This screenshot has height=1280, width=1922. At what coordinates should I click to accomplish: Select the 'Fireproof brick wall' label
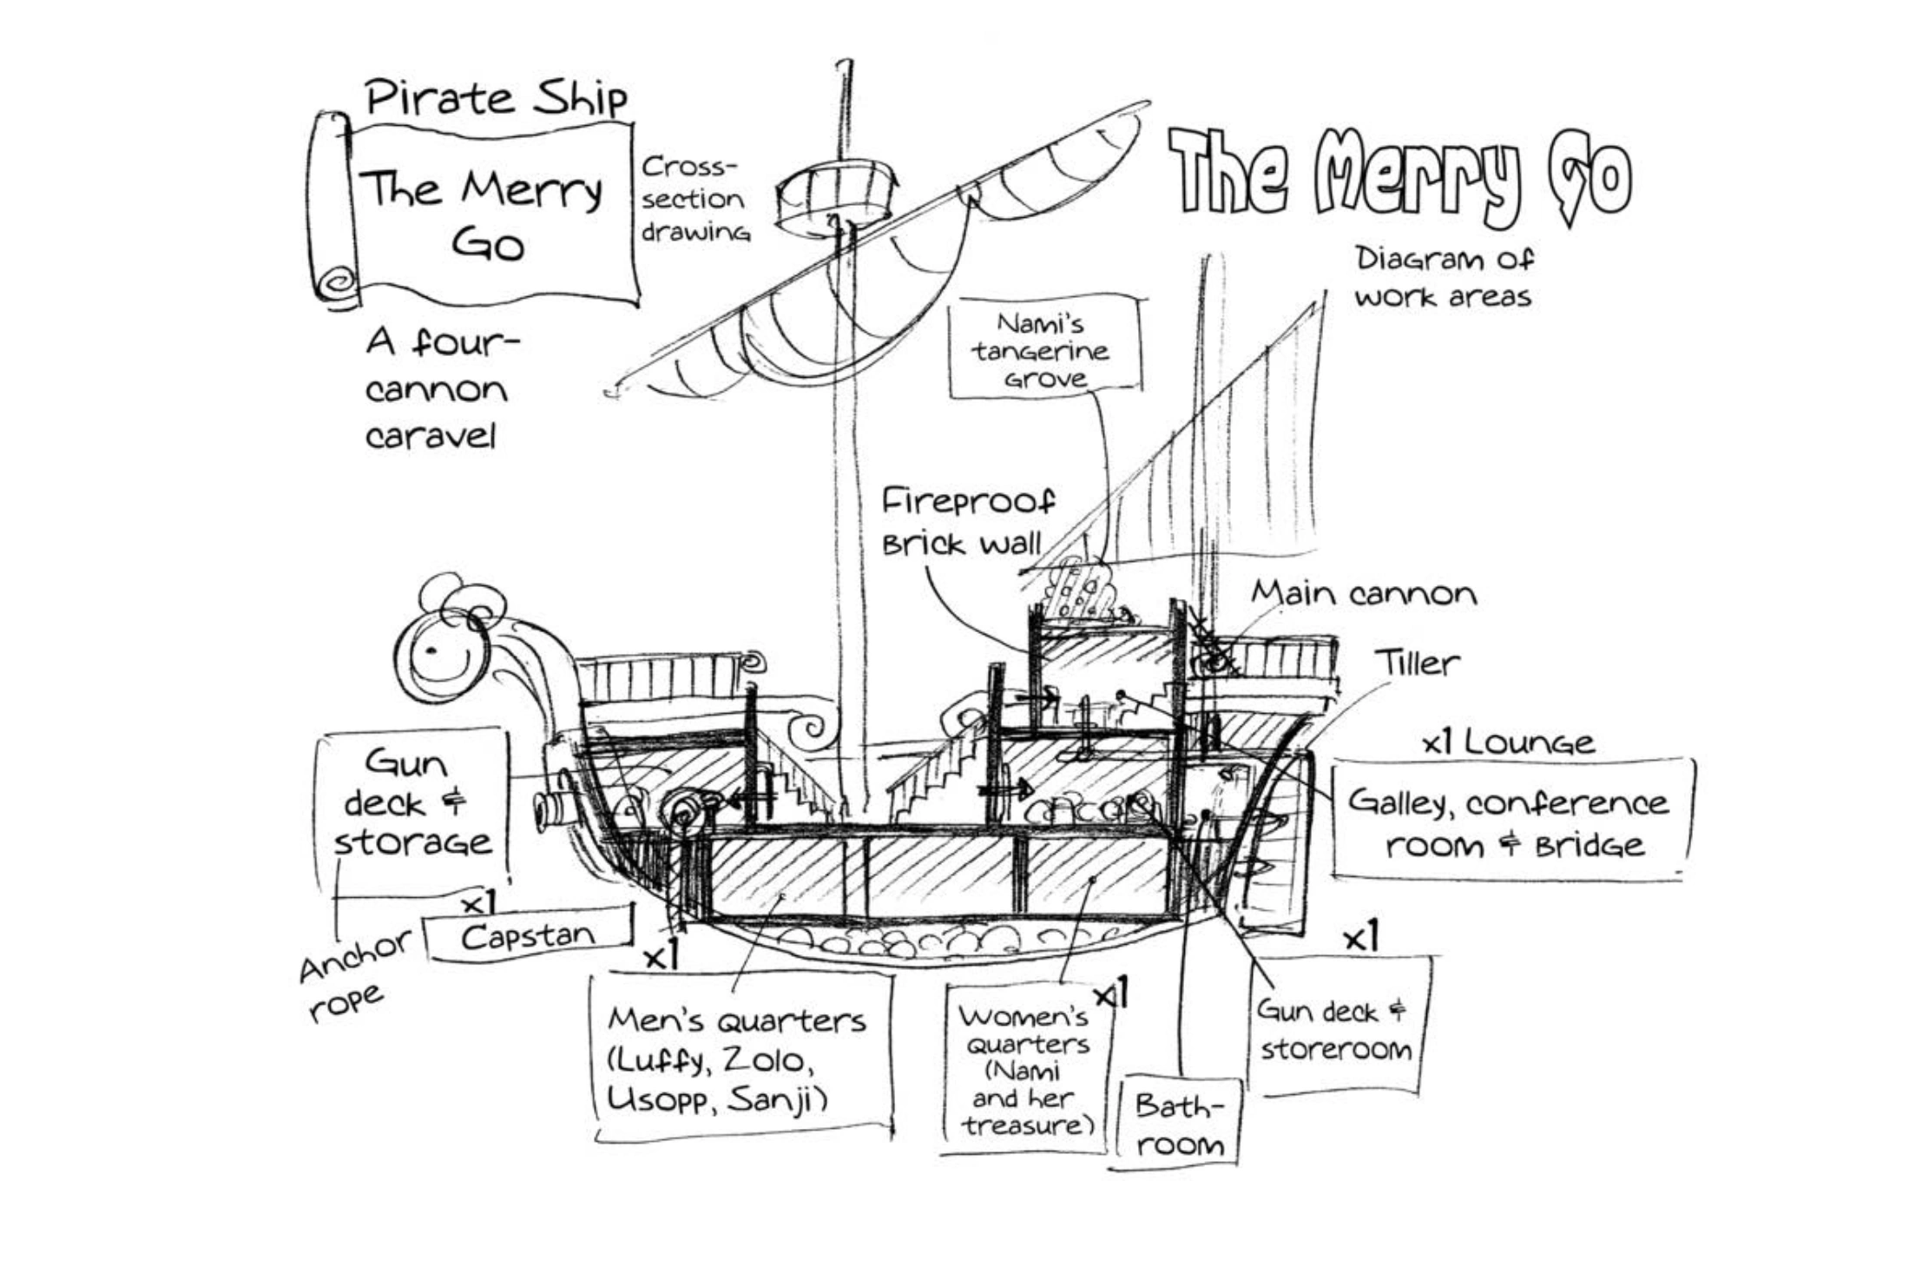[968, 521]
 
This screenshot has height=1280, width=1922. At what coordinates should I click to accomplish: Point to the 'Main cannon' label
[1363, 594]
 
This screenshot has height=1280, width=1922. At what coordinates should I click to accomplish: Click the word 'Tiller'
[1417, 663]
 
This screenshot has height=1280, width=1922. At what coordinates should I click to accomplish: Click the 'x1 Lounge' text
[1508, 742]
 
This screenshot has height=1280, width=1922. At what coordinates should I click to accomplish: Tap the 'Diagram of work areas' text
[1444, 277]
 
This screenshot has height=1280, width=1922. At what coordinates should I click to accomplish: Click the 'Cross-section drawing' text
[695, 199]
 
